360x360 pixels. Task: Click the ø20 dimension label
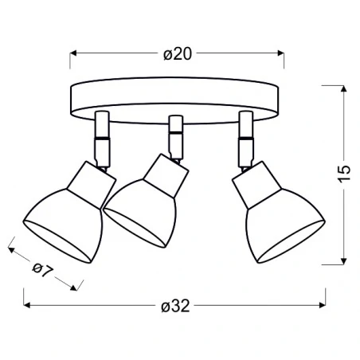pos(178,54)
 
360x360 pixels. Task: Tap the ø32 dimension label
pos(175,306)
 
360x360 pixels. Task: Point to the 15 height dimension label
pos(344,174)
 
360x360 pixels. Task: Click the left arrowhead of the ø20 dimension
pos(73,53)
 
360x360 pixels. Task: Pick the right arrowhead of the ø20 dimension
pos(280,53)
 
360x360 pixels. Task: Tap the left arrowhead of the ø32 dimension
pos(27,305)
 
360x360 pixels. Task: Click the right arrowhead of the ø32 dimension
pos(323,305)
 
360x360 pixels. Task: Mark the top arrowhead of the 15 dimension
pos(343,88)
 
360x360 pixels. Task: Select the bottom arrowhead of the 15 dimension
pos(343,261)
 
